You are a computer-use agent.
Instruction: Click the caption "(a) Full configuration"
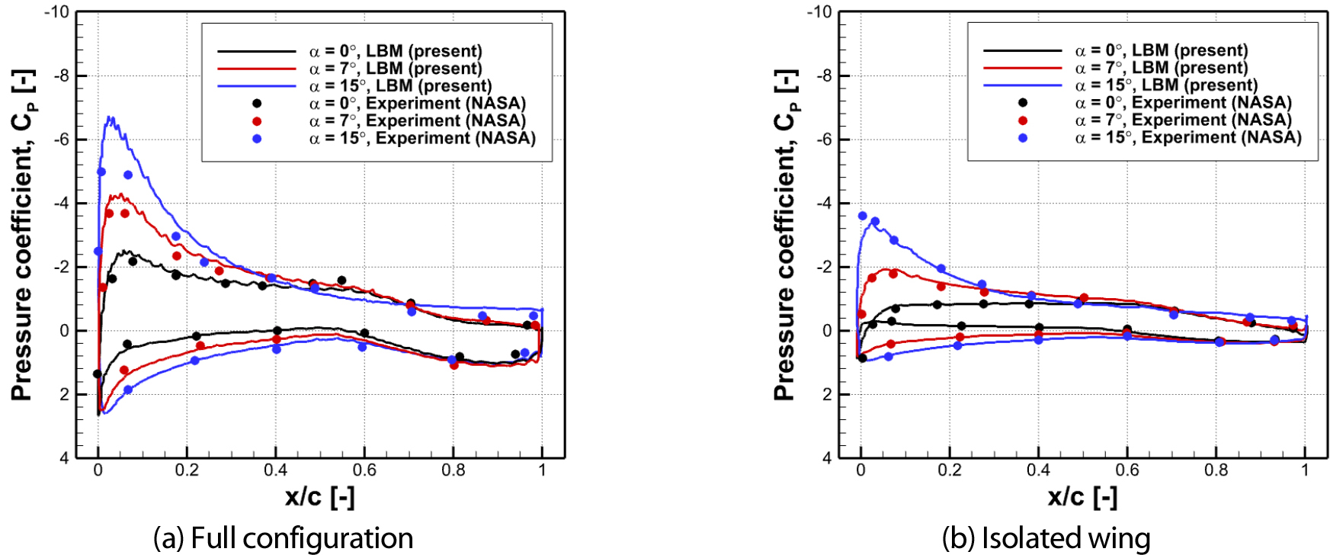click(x=283, y=538)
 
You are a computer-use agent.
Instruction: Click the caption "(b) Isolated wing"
click(x=1046, y=538)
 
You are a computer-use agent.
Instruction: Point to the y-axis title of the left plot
click(x=22, y=236)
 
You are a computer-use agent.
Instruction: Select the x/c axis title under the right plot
click(x=1082, y=497)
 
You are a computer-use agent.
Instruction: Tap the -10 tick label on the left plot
click(x=56, y=12)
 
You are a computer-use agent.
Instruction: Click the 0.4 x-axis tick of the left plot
click(x=276, y=470)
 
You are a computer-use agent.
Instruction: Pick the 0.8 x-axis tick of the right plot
click(x=1216, y=470)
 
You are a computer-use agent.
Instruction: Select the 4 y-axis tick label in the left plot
click(x=64, y=458)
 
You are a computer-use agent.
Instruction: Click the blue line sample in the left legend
click(x=256, y=86)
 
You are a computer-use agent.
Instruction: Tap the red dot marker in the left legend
click(x=257, y=121)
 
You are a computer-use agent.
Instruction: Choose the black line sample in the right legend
click(x=1022, y=50)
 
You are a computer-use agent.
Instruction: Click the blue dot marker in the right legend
click(x=1023, y=138)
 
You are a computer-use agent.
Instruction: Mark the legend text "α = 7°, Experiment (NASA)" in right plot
click(x=1183, y=120)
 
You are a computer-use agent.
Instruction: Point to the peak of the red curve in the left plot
click(x=118, y=195)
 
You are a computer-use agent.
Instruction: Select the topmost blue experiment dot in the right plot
click(x=863, y=216)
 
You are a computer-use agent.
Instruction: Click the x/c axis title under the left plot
click(x=319, y=497)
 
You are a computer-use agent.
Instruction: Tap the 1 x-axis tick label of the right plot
click(x=1305, y=470)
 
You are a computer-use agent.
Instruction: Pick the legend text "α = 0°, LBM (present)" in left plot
click(x=395, y=51)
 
